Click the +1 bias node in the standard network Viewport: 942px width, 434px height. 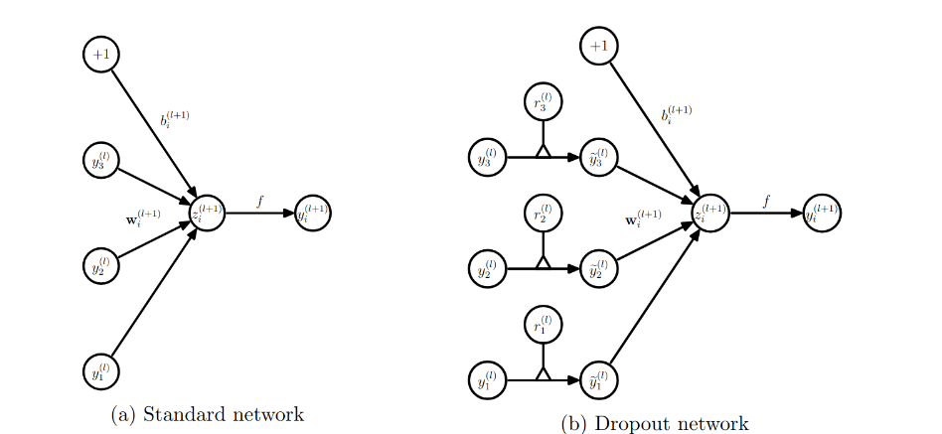tap(101, 55)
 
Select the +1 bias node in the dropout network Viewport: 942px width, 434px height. tap(598, 46)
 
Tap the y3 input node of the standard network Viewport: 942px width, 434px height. tap(101, 160)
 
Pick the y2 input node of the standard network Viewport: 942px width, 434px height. tap(101, 265)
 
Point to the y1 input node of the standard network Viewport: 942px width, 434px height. tap(101, 371)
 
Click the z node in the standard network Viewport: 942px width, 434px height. tap(207, 213)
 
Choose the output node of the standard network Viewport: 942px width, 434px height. tap(313, 213)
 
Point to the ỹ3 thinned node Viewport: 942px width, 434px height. tap(598, 157)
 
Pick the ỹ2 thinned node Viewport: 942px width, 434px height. tap(598, 268)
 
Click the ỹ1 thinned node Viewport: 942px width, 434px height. tap(598, 379)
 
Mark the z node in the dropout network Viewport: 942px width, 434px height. tap(710, 213)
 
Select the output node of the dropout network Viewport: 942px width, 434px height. tap(822, 213)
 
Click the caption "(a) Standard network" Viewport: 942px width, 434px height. tap(207, 414)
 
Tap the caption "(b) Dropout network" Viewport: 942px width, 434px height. tap(655, 424)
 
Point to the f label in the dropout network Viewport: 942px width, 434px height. tap(766, 202)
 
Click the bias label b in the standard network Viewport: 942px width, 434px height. tap(175, 119)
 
